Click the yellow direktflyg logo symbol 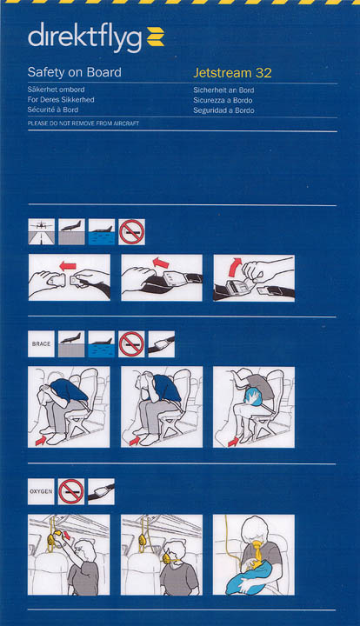156,37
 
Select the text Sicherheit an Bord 223,90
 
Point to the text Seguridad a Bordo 223,110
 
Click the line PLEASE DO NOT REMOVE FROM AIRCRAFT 83,123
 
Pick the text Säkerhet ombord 56,90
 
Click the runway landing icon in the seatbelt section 42,231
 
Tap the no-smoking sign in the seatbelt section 131,231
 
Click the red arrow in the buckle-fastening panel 68,266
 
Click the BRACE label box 41,343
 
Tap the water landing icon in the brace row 102,343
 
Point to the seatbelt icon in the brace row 162,343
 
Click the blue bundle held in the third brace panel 251,397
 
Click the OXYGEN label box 41,491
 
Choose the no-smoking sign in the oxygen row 71,491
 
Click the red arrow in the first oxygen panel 67,534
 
